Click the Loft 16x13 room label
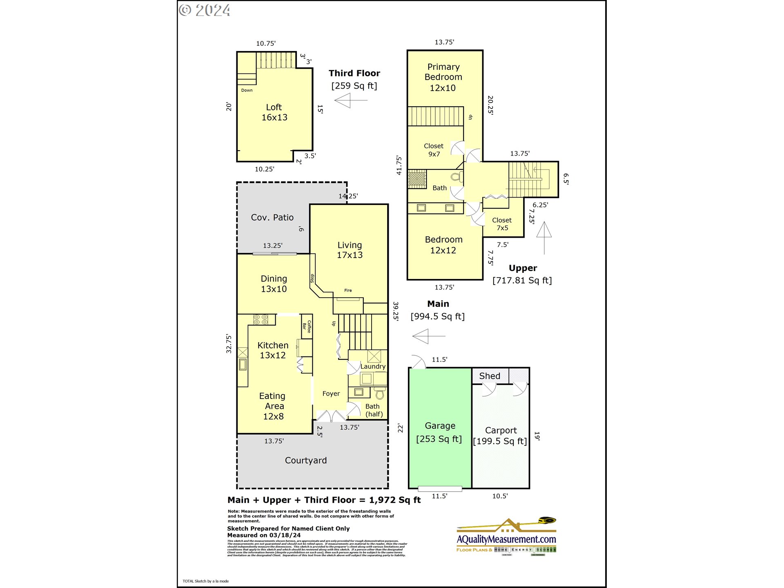(x=274, y=112)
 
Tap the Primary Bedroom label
(x=443, y=72)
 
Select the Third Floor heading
(x=354, y=73)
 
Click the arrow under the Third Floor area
(x=350, y=100)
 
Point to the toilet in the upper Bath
(x=457, y=177)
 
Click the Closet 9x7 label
(x=434, y=150)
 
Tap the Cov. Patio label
(x=272, y=218)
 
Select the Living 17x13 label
(x=350, y=250)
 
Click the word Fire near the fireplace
(x=348, y=290)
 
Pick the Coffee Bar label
(x=307, y=326)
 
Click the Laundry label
(x=372, y=366)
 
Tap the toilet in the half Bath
(x=380, y=394)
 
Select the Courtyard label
(x=305, y=461)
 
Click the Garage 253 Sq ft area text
(x=439, y=439)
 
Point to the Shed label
(x=489, y=376)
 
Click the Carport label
(x=501, y=430)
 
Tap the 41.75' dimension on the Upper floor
(x=399, y=165)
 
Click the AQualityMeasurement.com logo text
(x=506, y=539)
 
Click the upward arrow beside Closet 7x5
(x=544, y=237)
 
